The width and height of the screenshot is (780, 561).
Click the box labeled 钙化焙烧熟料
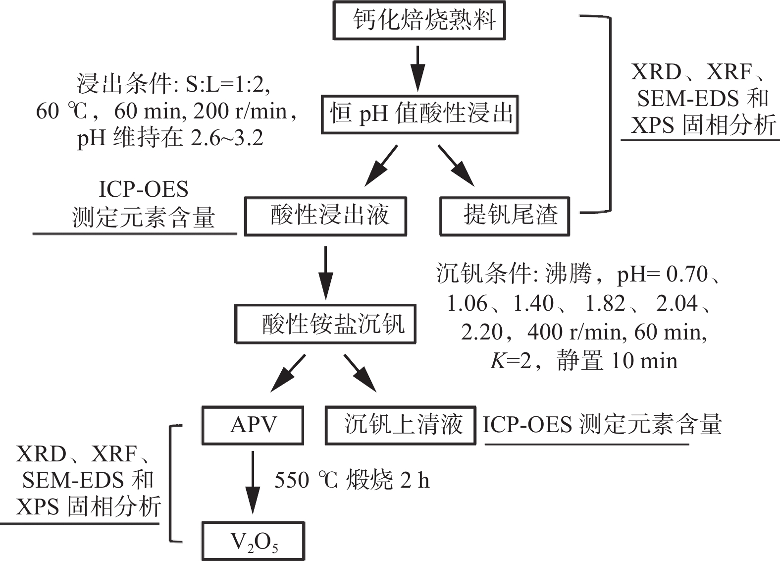(x=419, y=21)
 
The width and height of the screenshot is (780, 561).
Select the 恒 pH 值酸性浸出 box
(x=419, y=114)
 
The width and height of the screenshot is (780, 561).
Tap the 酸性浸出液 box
(x=325, y=216)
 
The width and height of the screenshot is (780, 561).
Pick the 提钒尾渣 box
(x=505, y=216)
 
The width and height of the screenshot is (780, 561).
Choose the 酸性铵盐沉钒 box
(x=325, y=324)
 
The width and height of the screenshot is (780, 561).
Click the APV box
(x=252, y=425)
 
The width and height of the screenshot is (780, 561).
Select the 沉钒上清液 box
(x=400, y=425)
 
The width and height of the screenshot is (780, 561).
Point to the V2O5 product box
(x=253, y=541)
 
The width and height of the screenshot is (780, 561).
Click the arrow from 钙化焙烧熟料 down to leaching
(x=418, y=68)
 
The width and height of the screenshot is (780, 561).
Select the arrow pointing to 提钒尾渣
(x=456, y=165)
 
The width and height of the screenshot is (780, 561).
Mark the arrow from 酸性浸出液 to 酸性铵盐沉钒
(x=325, y=273)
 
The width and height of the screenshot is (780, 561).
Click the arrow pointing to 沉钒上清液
(x=360, y=372)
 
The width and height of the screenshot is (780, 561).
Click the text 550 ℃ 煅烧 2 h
(x=352, y=480)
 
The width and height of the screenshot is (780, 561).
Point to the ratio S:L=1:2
(x=228, y=85)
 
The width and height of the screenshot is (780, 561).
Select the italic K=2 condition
(x=511, y=361)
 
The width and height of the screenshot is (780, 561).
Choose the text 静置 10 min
(x=617, y=361)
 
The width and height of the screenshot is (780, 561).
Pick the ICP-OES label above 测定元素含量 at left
(x=144, y=190)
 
